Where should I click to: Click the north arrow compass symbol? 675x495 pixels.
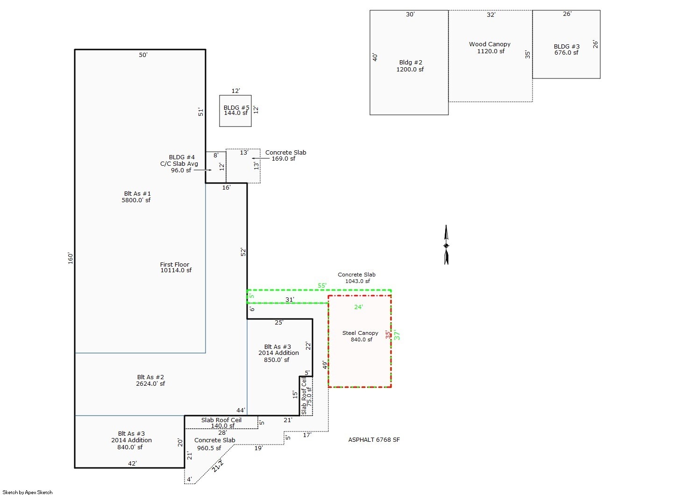446,245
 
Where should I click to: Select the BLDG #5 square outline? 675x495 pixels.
235,111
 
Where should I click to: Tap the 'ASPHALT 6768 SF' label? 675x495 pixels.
374,439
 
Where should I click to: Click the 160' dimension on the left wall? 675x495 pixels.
71,258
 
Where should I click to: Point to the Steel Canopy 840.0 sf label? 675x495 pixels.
360,336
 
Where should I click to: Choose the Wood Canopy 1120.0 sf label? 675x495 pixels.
490,48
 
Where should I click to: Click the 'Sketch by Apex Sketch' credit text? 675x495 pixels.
28,492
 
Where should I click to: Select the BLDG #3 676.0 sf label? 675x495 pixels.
566,49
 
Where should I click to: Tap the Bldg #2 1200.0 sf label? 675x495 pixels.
410,66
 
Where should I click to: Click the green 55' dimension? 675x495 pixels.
322,285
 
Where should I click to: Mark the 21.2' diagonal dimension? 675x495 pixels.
218,466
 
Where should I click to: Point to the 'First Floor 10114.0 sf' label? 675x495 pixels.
175,267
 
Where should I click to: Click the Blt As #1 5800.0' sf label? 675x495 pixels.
137,197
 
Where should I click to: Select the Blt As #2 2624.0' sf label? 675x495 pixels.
150,380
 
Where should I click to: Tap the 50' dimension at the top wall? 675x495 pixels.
143,55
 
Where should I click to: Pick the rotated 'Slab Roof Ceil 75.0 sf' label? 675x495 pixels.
306,396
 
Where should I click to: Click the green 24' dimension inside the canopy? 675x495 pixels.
358,307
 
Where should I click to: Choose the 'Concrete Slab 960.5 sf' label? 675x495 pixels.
214,444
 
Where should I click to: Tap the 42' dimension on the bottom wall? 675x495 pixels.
132,463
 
